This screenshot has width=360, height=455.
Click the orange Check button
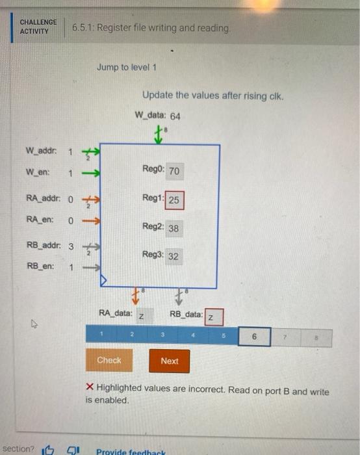(109, 360)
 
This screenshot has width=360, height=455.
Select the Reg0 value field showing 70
(174, 172)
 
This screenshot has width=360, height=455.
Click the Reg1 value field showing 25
(174, 200)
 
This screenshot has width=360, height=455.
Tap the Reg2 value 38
(174, 228)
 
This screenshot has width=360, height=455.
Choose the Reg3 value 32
(173, 256)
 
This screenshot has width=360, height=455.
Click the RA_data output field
(142, 317)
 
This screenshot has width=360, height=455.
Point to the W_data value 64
(175, 116)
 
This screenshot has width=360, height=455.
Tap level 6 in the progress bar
(254, 337)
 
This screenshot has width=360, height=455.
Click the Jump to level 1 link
(127, 67)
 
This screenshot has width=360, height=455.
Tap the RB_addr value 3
(70, 246)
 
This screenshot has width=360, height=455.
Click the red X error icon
(90, 389)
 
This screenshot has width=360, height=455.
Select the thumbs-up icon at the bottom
(48, 449)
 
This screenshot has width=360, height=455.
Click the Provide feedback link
(130, 451)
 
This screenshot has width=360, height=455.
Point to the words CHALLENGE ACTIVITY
(38, 27)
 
